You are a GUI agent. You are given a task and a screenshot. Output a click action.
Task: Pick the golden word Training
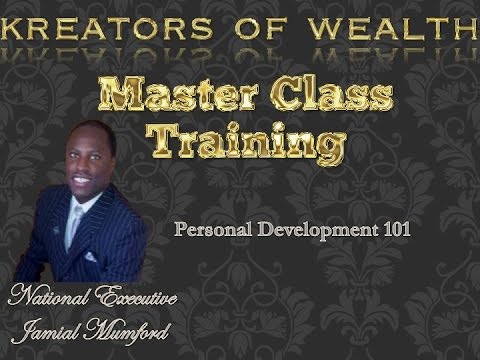click(x=246, y=140)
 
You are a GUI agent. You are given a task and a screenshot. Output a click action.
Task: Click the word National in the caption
click(x=50, y=297)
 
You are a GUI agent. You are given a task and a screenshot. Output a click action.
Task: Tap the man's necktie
click(x=74, y=226)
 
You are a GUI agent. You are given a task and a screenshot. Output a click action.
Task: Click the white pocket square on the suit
click(x=92, y=257)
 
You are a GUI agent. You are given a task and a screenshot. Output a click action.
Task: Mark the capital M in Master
click(x=125, y=97)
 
